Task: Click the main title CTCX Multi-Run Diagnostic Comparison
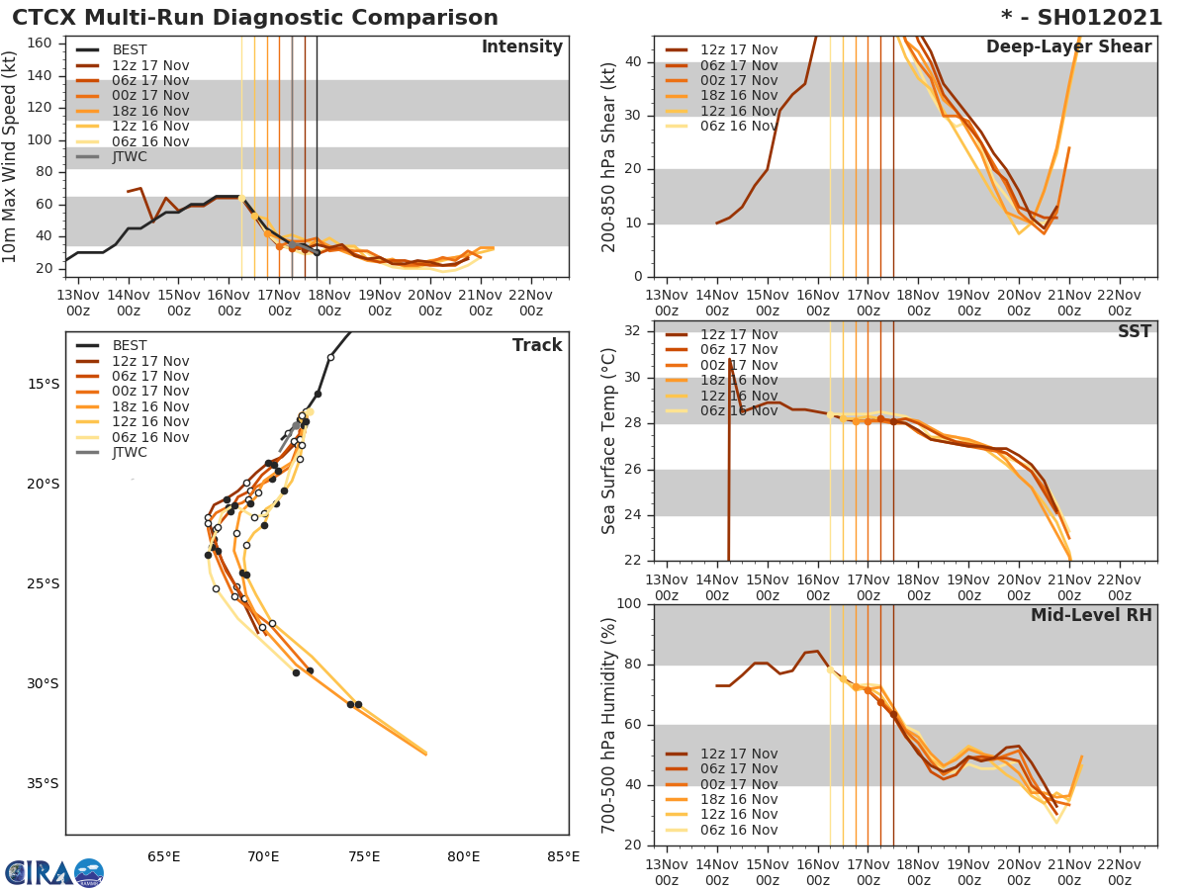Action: coord(255,18)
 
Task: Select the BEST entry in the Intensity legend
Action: coord(130,50)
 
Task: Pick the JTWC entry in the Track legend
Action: coord(130,453)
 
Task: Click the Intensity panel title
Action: coord(521,47)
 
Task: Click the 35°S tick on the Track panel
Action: coord(42,784)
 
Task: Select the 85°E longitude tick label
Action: coord(563,856)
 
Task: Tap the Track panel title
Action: coord(537,345)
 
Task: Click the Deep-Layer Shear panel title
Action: coord(1068,47)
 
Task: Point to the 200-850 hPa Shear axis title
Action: coord(609,156)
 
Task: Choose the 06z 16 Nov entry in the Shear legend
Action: coord(739,127)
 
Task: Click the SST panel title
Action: coord(1135,332)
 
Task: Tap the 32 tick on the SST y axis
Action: coord(633,331)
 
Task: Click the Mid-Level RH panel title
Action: coord(1091,615)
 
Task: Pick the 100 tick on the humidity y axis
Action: coord(630,604)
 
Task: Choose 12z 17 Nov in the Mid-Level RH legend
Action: coord(739,754)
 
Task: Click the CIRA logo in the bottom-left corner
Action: coord(53,873)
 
